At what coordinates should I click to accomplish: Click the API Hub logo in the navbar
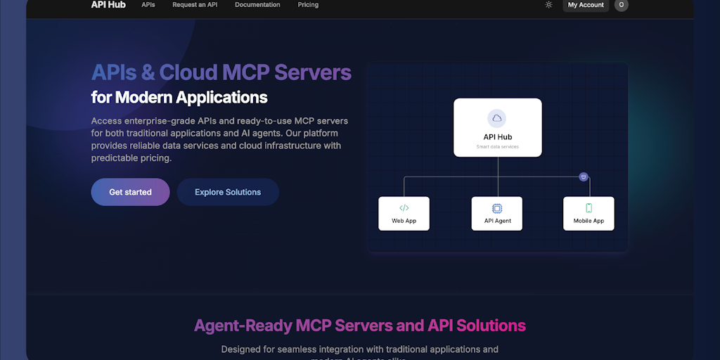point(108,5)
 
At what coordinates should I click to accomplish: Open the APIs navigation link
point(148,5)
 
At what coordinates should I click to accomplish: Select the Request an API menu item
point(195,5)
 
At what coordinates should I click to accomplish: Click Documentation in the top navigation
point(257,5)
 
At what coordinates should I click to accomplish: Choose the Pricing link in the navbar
point(308,5)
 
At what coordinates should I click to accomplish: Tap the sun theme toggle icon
point(548,5)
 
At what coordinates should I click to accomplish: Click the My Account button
point(586,5)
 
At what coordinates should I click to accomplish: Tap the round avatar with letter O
point(621,5)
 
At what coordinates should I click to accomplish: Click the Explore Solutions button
point(228,192)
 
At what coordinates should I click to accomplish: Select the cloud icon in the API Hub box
point(497,118)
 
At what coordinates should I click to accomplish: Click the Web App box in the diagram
point(404,214)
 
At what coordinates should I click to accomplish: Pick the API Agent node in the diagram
point(497,214)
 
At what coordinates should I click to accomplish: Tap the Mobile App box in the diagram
point(589,214)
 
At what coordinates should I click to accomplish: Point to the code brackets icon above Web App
point(404,207)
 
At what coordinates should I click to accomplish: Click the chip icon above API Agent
point(497,208)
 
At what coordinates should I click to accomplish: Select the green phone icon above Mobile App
point(589,207)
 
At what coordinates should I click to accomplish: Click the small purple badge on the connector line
point(583,176)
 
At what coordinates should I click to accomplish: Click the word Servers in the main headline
point(313,72)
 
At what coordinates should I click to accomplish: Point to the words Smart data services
point(497,147)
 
